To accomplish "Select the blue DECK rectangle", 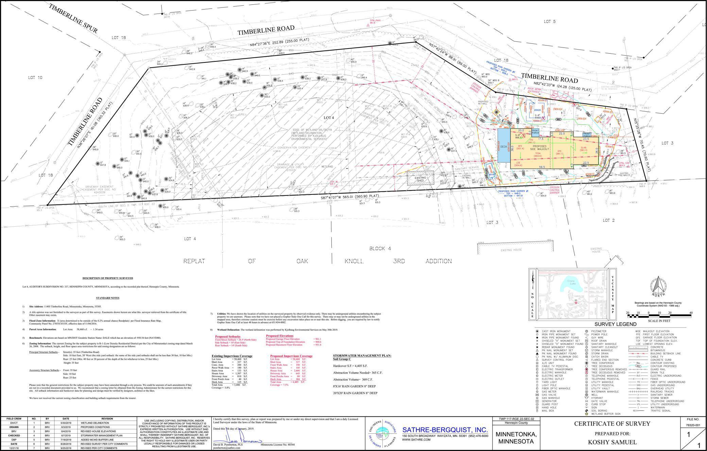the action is (x=503, y=147).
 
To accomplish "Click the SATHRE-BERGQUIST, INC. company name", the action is (x=445, y=430).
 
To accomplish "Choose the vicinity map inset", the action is (x=570, y=294).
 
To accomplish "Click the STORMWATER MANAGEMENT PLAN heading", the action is (x=362, y=355).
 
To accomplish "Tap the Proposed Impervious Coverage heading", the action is (x=291, y=356).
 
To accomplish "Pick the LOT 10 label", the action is (x=35, y=78).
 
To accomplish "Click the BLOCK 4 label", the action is (x=380, y=248).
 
